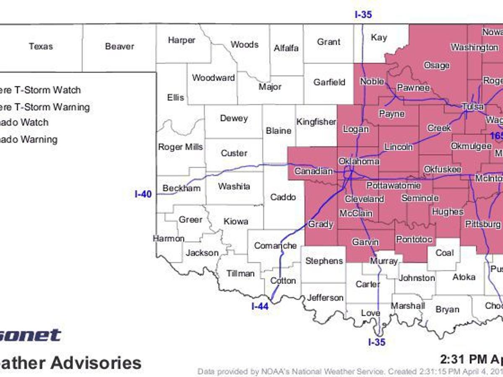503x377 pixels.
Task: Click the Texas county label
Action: (41, 46)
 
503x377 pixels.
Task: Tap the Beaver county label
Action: (119, 46)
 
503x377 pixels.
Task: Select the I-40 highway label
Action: (143, 194)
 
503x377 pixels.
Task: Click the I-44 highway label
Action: (259, 306)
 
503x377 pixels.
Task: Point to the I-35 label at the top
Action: (363, 15)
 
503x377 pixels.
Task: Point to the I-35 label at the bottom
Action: (376, 342)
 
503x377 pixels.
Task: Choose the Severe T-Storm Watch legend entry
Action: (40, 90)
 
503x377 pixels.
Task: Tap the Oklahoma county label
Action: (359, 161)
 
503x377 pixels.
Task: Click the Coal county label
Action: (444, 253)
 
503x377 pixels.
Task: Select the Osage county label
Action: (437, 65)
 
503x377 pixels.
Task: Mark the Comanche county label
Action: (275, 245)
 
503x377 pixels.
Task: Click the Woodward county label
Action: (213, 77)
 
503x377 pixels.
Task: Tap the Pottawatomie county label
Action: (394, 185)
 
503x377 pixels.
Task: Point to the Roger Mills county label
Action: (180, 147)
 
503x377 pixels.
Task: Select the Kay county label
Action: (379, 37)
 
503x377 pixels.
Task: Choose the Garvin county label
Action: (365, 242)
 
